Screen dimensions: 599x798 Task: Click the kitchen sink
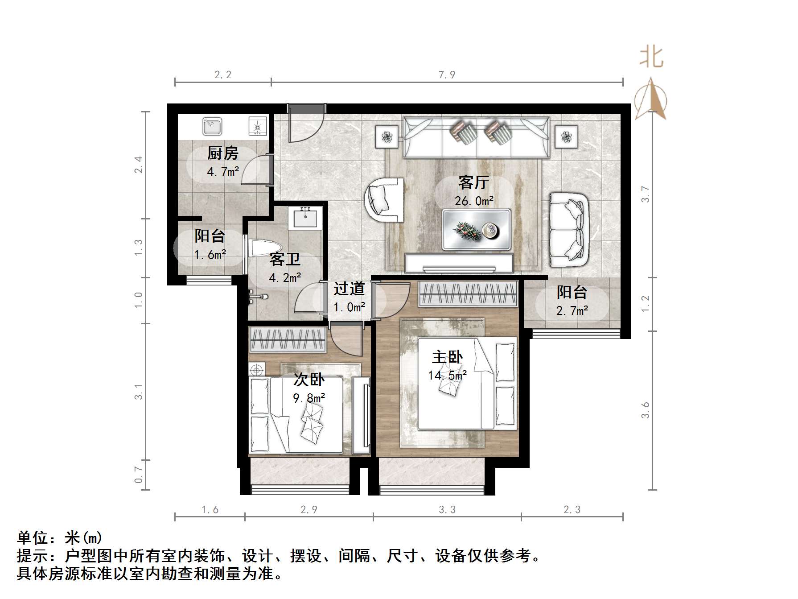212,126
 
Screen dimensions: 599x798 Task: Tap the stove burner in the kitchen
257,126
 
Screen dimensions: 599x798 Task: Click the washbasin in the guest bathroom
305,218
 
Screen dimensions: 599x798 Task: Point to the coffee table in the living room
477,229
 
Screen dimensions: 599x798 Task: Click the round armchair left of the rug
384,199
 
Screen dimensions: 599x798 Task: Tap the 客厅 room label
473,182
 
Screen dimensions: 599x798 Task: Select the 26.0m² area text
474,201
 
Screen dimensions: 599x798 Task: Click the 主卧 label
447,357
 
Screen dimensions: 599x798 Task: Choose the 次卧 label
309,380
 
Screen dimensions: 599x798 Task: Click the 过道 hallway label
349,289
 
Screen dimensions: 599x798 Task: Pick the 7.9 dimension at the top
447,75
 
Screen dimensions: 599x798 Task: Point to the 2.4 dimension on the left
139,165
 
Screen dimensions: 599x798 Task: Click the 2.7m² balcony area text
572,311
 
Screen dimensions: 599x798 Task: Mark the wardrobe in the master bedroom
468,294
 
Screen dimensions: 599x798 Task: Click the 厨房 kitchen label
222,153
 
